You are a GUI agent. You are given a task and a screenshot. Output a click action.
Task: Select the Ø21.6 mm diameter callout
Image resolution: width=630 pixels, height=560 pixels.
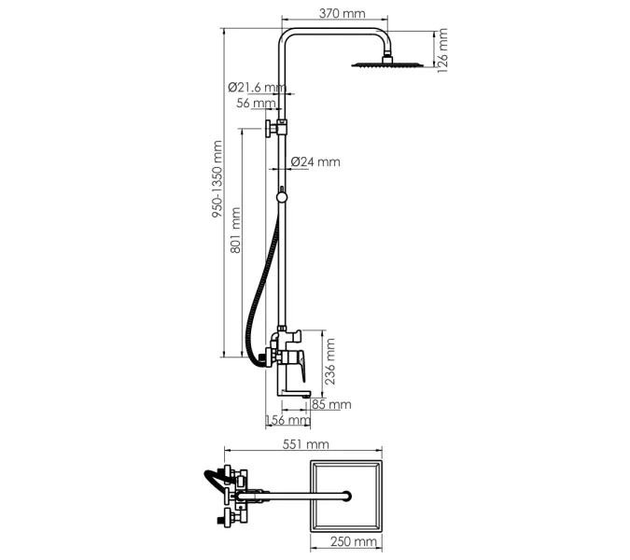click(257, 87)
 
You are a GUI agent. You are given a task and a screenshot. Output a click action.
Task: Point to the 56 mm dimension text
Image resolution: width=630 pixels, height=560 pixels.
click(256, 104)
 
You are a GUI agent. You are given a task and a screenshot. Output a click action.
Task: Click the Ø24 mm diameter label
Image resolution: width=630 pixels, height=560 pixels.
click(315, 161)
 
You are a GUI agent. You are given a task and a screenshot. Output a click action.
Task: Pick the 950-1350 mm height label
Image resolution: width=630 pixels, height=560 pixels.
click(217, 180)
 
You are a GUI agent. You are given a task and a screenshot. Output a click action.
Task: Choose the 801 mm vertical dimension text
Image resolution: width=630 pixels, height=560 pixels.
click(236, 232)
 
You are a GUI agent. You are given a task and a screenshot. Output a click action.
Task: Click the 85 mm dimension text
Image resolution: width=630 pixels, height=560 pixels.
click(331, 404)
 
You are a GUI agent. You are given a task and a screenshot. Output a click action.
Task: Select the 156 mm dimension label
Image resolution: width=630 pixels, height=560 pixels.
click(288, 421)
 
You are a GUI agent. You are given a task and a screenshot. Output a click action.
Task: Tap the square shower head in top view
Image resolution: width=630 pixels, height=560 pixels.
click(346, 495)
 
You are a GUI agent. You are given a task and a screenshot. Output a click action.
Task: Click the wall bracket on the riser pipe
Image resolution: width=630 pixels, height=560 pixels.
click(278, 128)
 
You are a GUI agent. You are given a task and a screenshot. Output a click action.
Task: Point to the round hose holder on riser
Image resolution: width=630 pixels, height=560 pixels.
click(282, 195)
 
